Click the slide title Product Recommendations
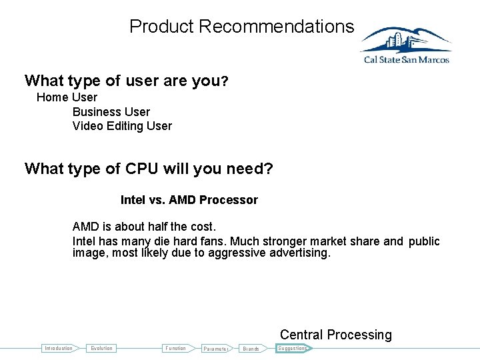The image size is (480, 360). (241, 27)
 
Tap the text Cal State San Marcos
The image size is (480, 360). (406, 60)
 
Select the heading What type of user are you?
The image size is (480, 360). (127, 81)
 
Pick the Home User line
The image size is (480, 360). (67, 97)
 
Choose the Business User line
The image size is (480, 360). (111, 112)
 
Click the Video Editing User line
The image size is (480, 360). (122, 126)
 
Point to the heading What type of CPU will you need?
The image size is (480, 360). (149, 169)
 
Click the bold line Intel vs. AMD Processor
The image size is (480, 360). (189, 200)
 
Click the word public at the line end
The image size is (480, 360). (424, 241)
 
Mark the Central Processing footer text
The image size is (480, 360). (335, 335)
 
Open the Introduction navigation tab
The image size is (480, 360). (59, 348)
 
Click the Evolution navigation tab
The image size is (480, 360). (102, 348)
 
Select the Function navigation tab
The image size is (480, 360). (176, 348)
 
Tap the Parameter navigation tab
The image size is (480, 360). (216, 349)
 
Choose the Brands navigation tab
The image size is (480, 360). (251, 349)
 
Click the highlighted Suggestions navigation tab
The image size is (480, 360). (292, 348)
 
